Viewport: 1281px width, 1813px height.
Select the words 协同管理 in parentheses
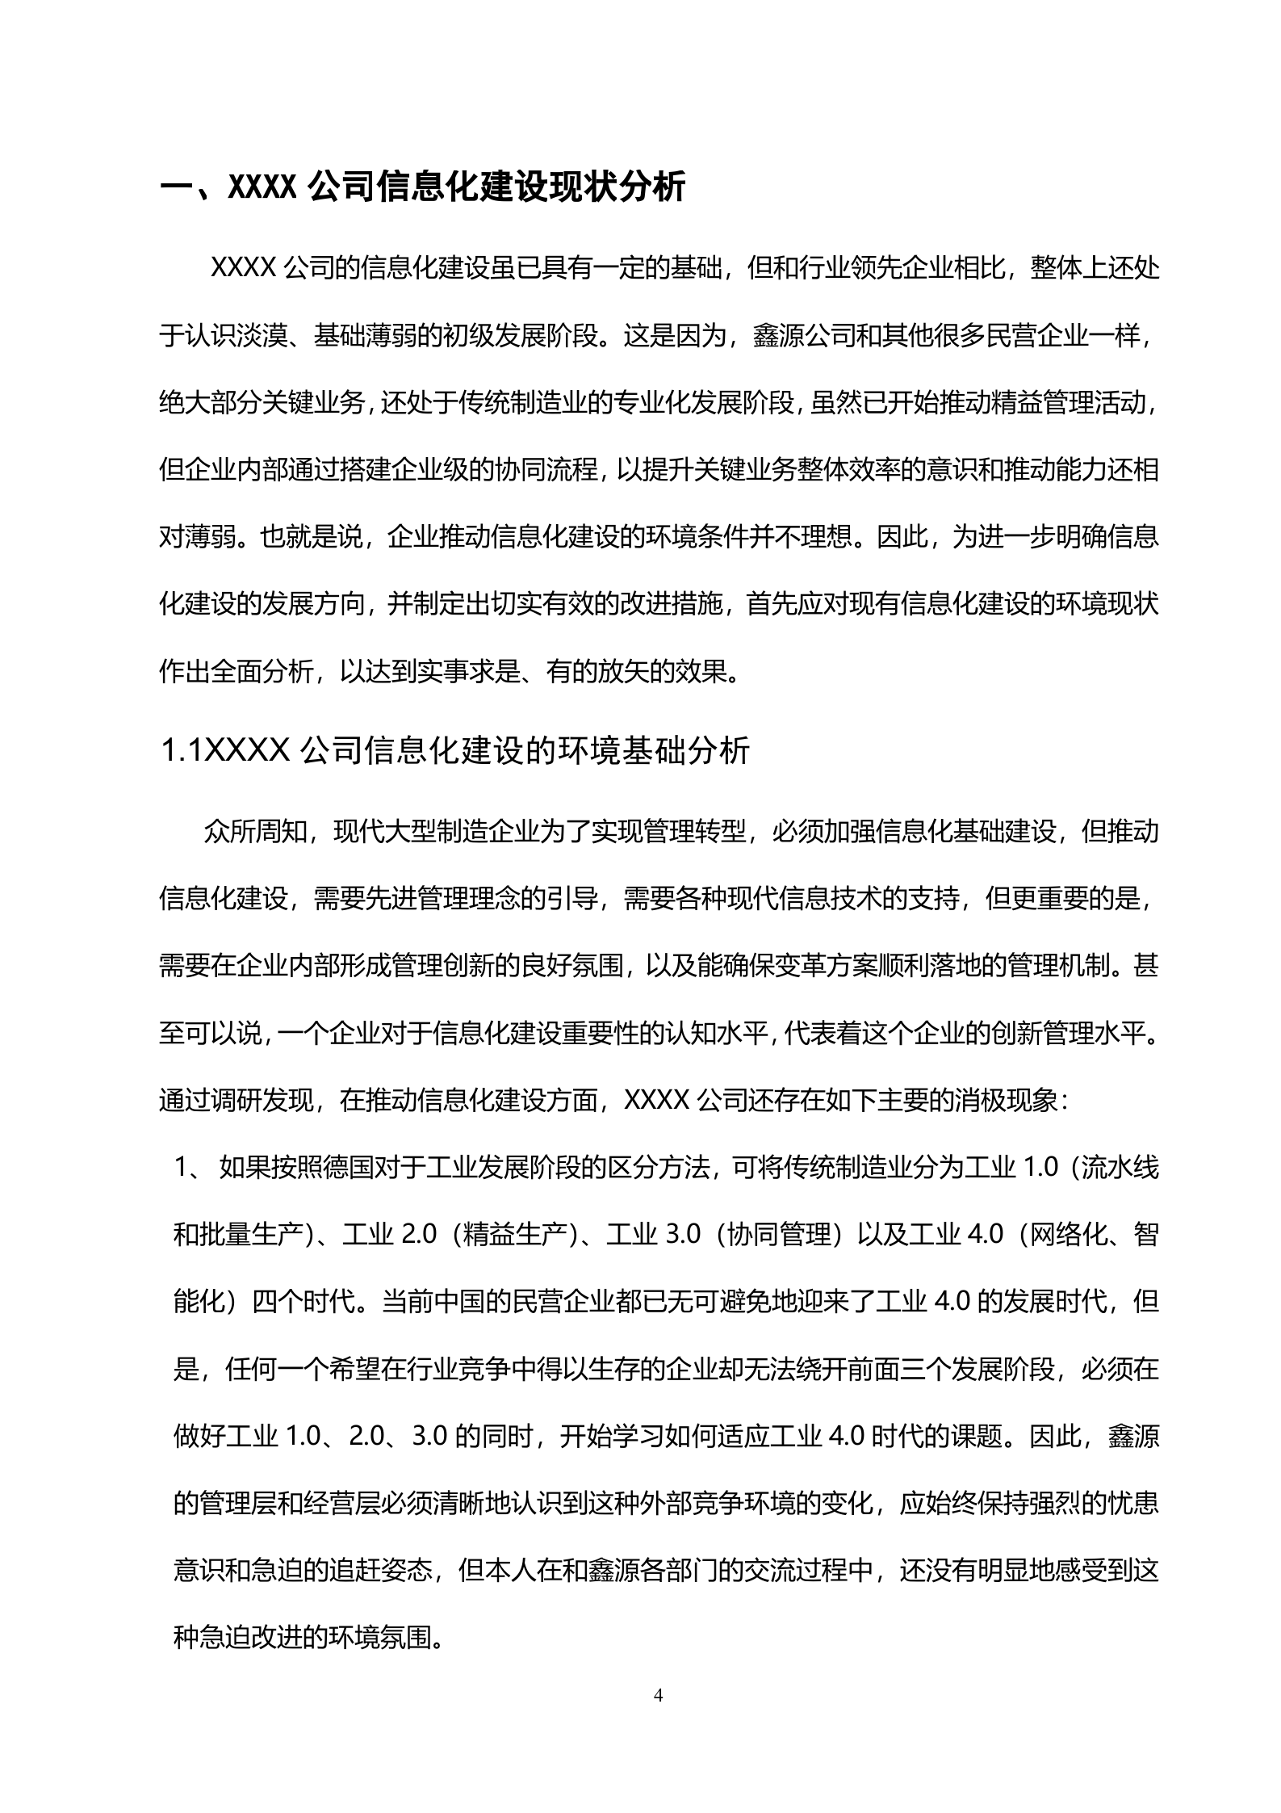click(x=779, y=1236)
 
